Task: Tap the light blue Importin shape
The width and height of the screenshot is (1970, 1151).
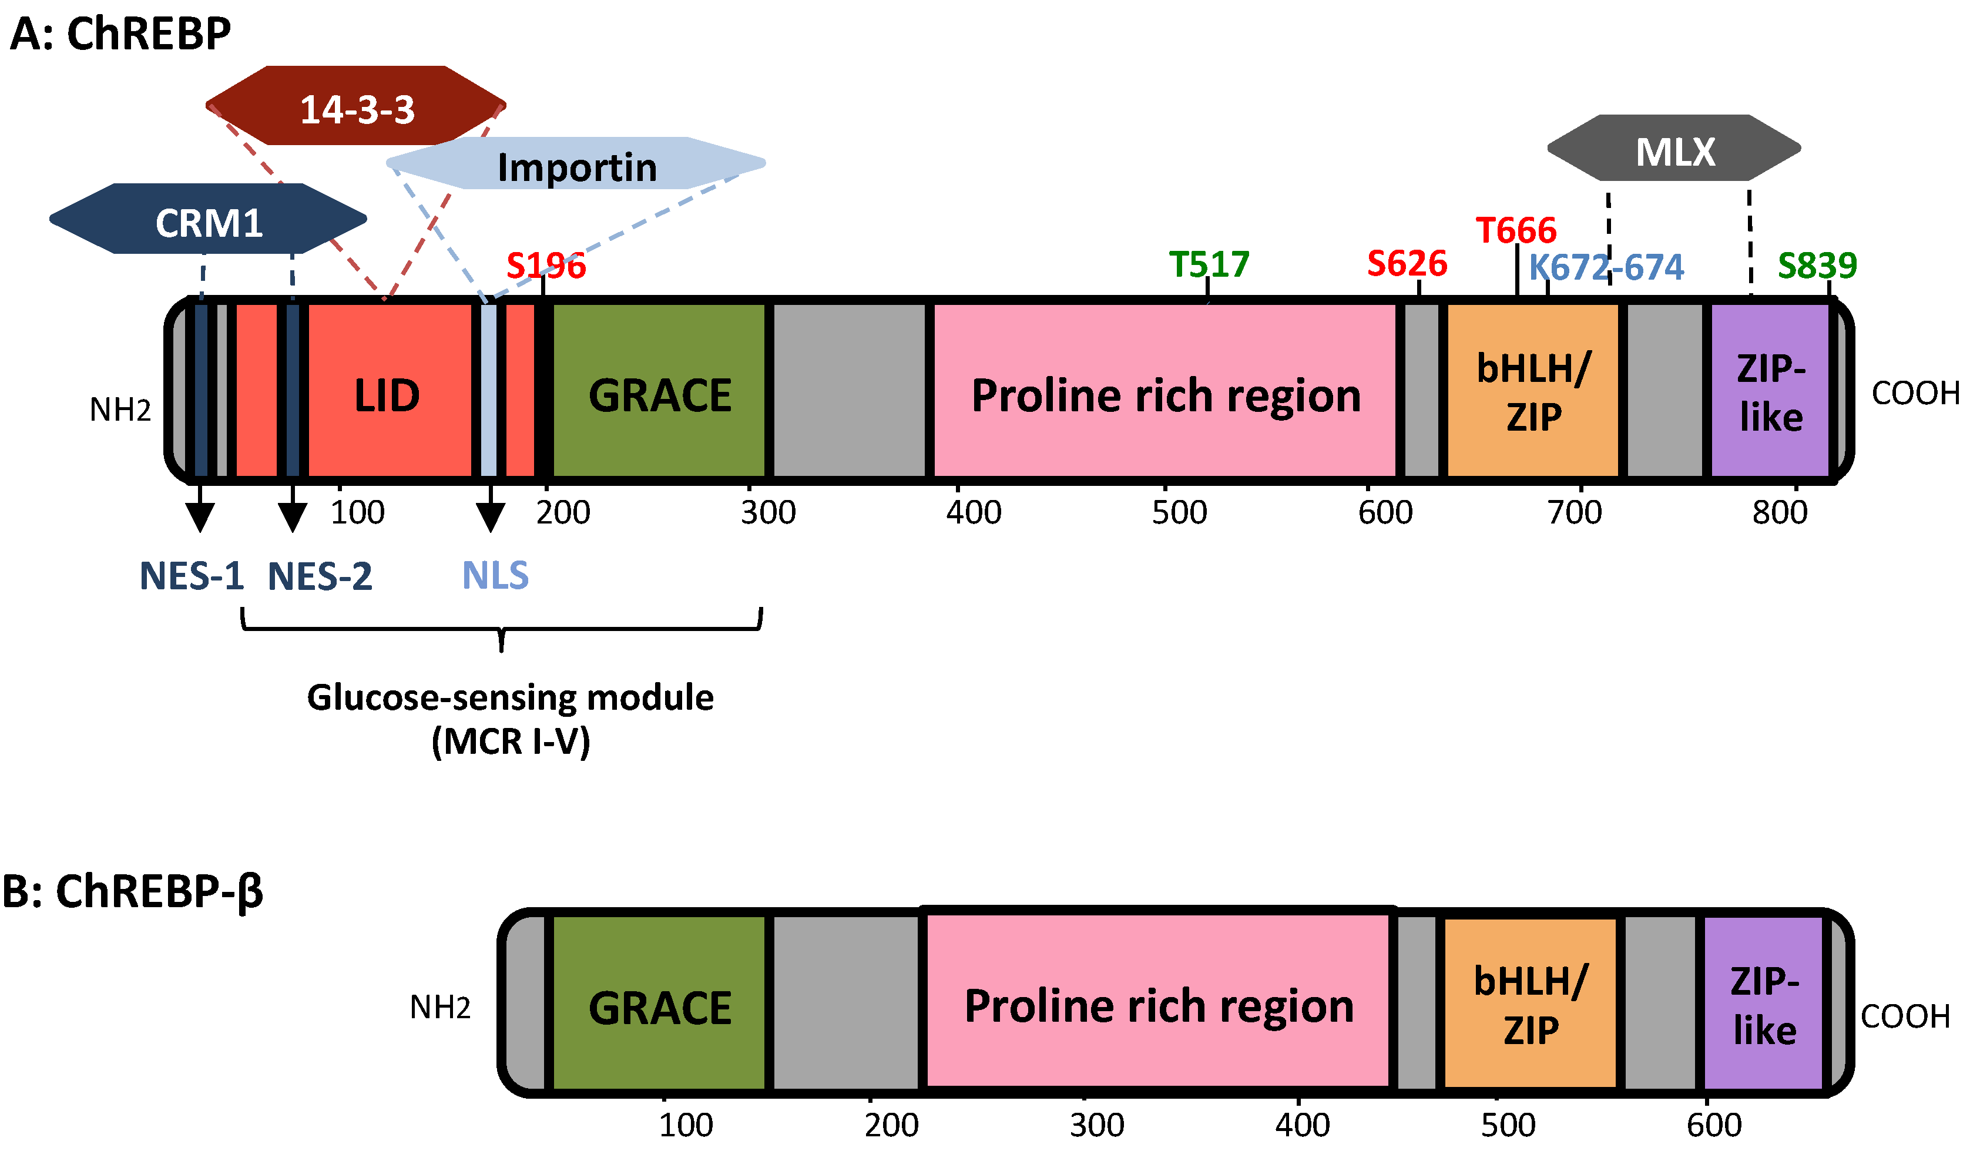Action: (x=576, y=165)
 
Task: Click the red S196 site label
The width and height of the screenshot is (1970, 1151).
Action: (x=546, y=266)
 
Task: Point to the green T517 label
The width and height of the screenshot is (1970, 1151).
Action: (x=1209, y=264)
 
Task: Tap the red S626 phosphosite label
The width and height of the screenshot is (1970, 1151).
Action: (x=1407, y=263)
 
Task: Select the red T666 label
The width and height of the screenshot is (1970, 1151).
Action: (x=1516, y=230)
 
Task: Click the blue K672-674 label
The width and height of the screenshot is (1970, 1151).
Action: (x=1606, y=267)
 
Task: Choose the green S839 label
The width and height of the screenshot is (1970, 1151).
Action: (x=1817, y=266)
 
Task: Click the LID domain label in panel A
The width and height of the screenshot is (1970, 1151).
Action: (x=387, y=395)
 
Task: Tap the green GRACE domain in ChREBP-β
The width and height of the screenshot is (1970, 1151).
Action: (x=660, y=1007)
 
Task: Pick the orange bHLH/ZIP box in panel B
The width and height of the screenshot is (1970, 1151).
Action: (x=1531, y=1005)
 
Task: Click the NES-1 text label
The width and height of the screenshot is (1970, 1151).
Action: (x=192, y=576)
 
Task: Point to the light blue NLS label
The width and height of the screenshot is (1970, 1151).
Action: (x=495, y=576)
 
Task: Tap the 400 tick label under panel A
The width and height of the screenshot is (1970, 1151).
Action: (x=974, y=513)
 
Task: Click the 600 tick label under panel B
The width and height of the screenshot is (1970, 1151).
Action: (x=1714, y=1125)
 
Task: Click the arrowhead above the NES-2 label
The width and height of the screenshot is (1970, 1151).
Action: (x=293, y=518)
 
